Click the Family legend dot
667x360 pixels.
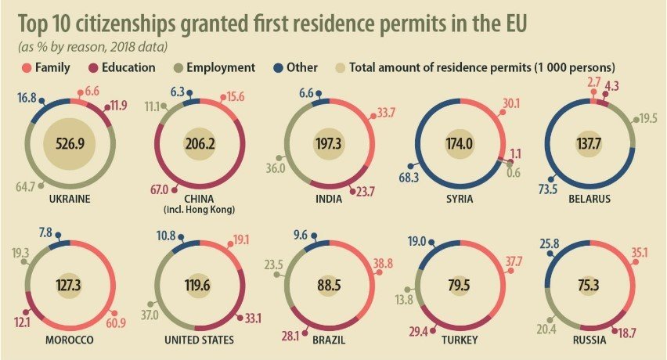[27, 67]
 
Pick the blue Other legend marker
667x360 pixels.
[280, 67]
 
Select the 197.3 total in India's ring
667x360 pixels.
[330, 144]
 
